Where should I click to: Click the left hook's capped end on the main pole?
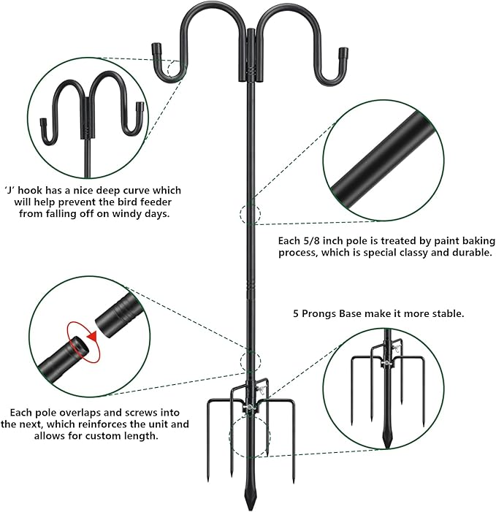point(157,51)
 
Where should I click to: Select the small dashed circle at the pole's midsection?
point(248,215)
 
